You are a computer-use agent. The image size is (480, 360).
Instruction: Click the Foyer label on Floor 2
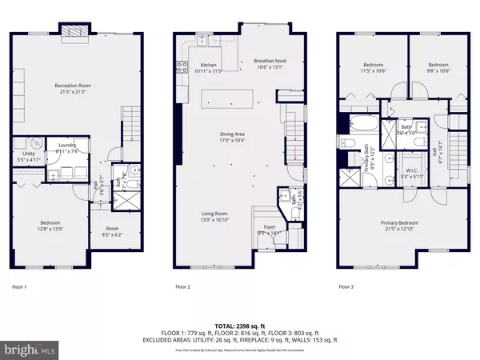click(267, 230)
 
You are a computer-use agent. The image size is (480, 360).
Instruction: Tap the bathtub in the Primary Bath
click(358, 124)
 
